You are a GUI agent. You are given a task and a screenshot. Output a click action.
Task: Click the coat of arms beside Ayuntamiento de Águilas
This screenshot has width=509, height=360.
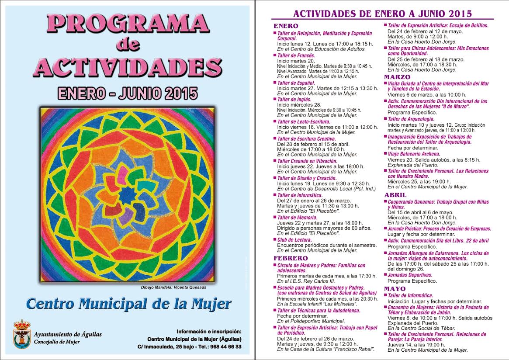22,334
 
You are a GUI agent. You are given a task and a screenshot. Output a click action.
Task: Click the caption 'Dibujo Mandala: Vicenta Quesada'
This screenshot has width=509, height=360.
173,287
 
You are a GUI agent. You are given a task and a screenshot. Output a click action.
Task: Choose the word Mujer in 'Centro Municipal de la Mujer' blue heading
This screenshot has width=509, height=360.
209,304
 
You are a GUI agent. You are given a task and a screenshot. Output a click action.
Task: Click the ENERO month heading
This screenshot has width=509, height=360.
286,26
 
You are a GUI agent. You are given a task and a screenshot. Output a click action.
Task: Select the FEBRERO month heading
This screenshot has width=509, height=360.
291,258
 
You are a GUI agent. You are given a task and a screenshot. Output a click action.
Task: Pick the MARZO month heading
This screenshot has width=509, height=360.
397,77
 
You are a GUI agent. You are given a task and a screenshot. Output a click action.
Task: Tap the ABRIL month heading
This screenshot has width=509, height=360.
395,195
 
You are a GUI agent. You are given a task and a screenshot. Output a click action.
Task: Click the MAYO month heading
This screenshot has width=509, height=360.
395,289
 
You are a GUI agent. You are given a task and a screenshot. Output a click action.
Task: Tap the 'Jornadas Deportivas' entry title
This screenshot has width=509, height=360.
410,275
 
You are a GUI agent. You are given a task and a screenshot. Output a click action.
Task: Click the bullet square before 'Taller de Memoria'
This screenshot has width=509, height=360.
275,217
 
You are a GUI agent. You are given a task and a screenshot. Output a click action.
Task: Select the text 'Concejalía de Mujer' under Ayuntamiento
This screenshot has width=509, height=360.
57,342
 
